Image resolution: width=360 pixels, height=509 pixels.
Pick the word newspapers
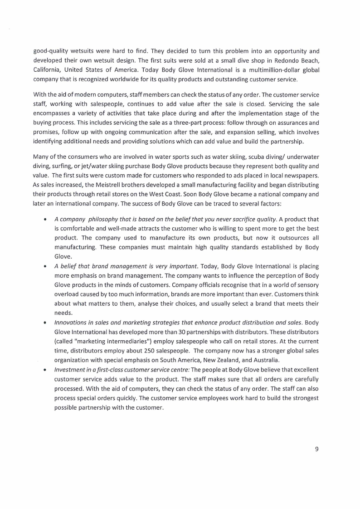point(302,175)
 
